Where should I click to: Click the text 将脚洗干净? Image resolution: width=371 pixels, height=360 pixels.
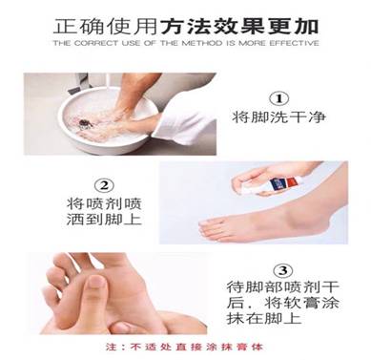[279, 120]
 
